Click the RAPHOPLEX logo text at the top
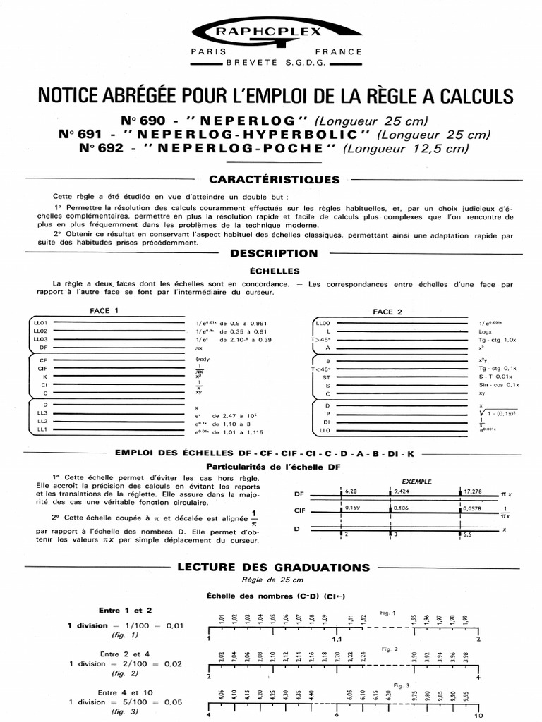pos(271,32)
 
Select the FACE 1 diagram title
pos(104,310)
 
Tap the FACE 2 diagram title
pos(387,312)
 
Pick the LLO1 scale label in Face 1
pos(40,322)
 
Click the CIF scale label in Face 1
pos(42,368)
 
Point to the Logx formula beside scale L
pos(485,331)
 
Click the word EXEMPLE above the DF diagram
pos(416,482)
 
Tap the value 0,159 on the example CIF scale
pos(353,507)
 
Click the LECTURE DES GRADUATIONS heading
pos(273,567)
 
